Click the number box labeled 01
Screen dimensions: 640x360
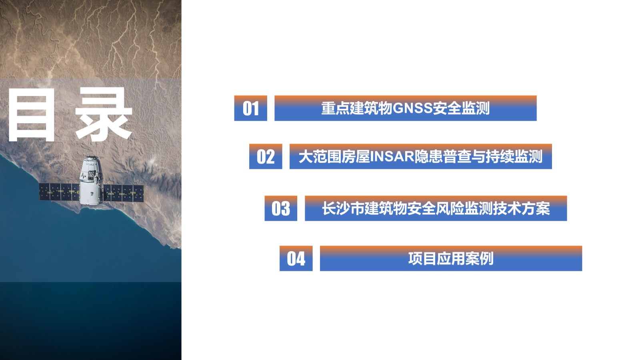250,108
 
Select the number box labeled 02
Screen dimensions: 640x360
266,156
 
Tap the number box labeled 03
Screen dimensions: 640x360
281,208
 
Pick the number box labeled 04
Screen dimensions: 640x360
296,258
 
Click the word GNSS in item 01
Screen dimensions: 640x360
412,108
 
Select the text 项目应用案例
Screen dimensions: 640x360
451,258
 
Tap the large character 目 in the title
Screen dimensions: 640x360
32,115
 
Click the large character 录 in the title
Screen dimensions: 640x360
104,114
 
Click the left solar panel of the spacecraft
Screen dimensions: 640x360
59,192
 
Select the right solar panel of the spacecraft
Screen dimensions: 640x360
124,193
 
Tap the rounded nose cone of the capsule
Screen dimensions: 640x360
91,160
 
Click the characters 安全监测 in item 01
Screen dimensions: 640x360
461,108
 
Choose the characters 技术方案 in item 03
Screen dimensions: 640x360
521,208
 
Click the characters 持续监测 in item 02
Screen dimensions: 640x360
514,157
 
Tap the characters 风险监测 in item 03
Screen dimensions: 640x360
464,208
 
